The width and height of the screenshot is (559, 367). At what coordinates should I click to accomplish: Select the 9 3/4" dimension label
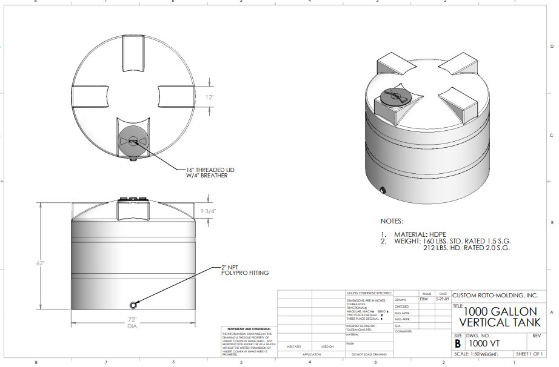209,211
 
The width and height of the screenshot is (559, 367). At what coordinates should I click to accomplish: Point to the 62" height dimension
39,263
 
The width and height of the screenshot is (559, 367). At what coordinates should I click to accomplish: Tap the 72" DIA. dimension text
132,322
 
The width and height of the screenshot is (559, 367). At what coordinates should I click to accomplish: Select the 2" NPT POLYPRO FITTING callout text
244,270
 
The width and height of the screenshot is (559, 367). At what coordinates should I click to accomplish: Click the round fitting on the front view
133,302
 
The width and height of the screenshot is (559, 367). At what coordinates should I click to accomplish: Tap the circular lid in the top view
133,141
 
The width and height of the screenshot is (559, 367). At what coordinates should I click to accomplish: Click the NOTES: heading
392,222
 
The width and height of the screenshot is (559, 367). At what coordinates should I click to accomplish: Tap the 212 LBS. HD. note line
466,248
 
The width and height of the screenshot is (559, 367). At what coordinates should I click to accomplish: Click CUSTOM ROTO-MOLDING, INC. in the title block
495,296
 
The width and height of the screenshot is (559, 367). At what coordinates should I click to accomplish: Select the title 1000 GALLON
501,311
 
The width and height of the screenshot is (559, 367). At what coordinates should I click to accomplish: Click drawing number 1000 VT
484,343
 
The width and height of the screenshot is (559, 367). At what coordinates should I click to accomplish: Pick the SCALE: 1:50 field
466,354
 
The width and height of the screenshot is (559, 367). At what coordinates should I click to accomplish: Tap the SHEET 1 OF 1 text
529,354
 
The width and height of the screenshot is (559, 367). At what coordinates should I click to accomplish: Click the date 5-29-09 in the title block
443,299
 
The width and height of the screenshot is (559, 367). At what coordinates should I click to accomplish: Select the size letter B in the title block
458,343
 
